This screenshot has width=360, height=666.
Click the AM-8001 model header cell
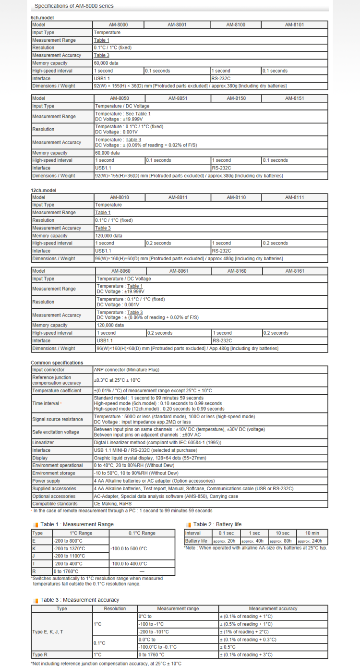(x=177, y=24)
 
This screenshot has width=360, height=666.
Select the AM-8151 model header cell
(x=295, y=98)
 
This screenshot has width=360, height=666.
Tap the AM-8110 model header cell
(x=236, y=197)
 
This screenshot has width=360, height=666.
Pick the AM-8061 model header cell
(x=179, y=271)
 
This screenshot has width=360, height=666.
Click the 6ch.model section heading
(x=42, y=17)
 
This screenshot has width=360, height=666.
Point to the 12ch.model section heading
(x=44, y=190)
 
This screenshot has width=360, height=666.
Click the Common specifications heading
(x=57, y=363)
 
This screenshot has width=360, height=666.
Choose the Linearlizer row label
(x=44, y=443)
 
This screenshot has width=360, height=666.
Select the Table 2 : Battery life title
(x=217, y=524)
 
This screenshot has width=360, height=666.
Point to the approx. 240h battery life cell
(x=310, y=541)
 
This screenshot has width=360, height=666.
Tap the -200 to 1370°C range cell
(x=69, y=548)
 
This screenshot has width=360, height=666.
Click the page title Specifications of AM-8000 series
(x=74, y=6)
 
